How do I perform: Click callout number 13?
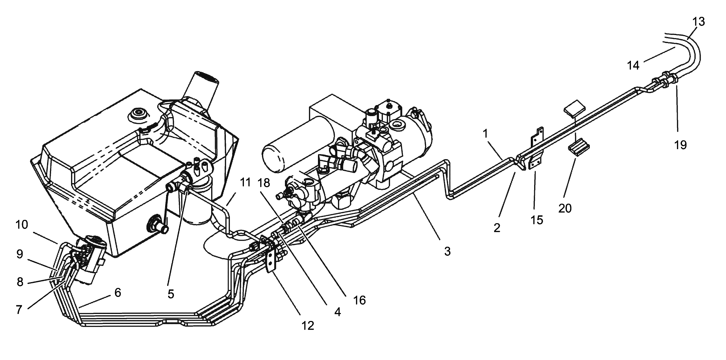(698, 22)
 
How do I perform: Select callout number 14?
(633, 65)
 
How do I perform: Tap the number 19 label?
(680, 145)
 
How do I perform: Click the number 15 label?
(537, 220)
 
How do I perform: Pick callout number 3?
(447, 251)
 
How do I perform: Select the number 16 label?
(359, 300)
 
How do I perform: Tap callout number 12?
(308, 326)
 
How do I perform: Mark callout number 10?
(22, 225)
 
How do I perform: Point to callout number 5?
(171, 294)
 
